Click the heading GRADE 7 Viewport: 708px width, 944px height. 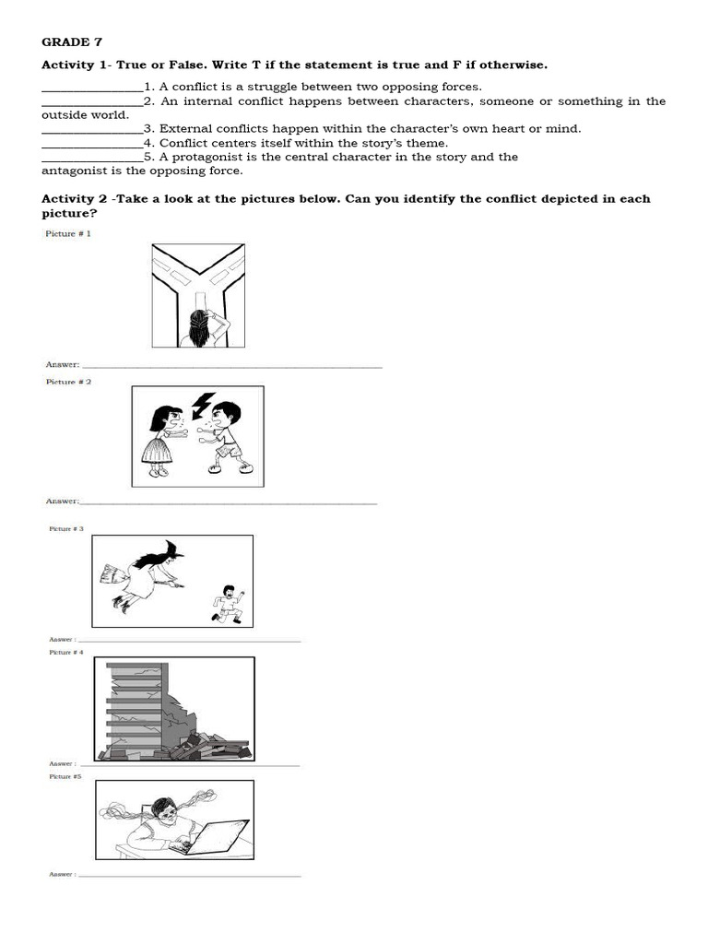click(65, 42)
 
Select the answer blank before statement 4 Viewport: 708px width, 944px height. click(92, 146)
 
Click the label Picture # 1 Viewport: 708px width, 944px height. click(68, 234)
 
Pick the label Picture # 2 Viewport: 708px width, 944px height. click(68, 382)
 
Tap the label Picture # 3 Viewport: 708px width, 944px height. click(66, 529)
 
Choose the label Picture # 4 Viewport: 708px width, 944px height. click(66, 653)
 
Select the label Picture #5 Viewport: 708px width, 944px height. click(65, 777)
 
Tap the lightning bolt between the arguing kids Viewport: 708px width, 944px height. click(202, 405)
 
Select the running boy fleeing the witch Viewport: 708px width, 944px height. click(226, 603)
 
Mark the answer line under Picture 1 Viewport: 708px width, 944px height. click(231, 367)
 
